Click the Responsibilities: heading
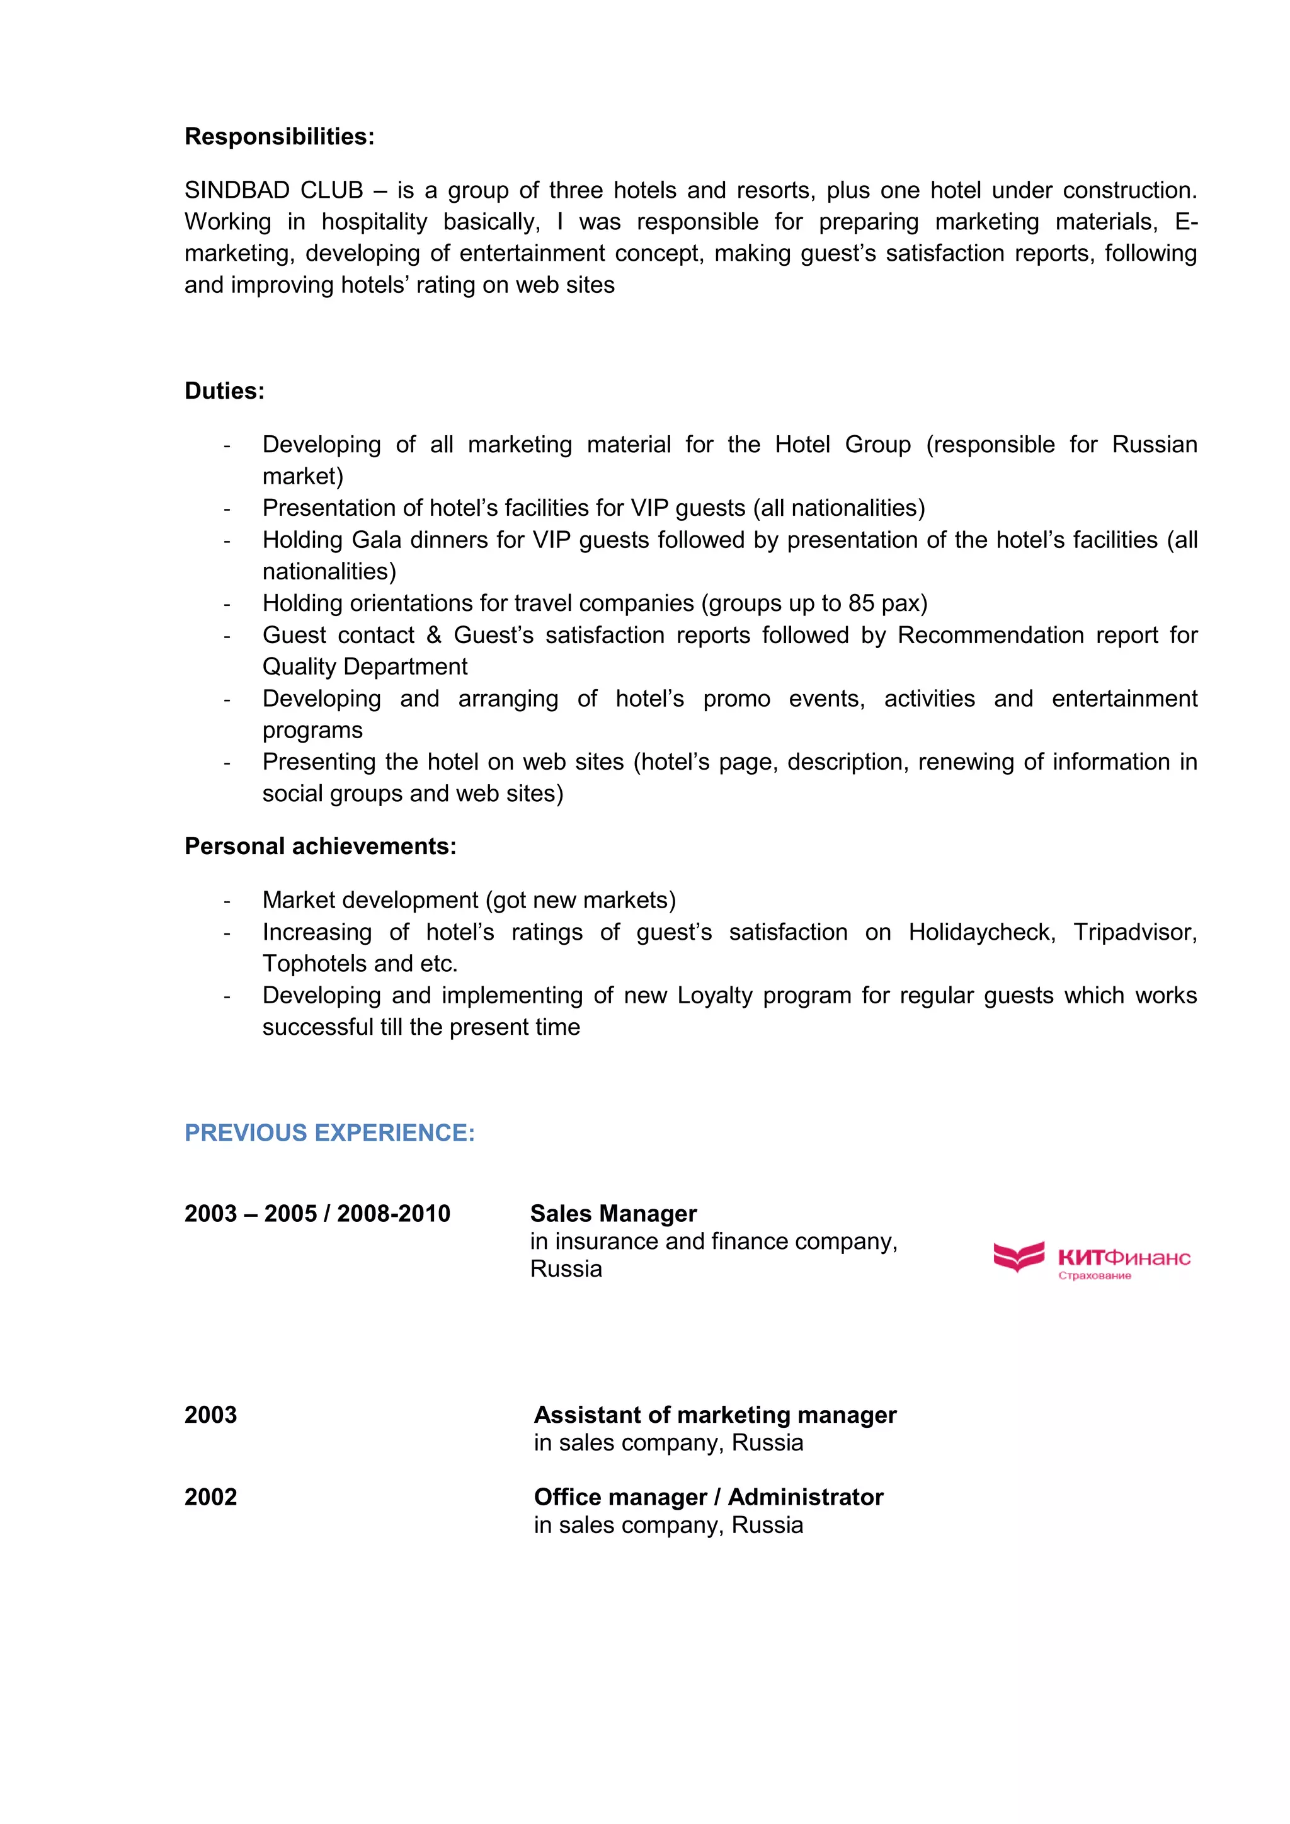(x=279, y=137)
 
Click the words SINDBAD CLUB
(x=273, y=191)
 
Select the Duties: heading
(x=224, y=391)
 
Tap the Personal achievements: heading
(x=320, y=847)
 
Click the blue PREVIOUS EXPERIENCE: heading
(x=329, y=1133)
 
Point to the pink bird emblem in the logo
(x=1019, y=1256)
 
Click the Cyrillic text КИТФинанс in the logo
(x=1124, y=1258)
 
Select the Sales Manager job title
(x=614, y=1214)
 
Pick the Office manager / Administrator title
(x=709, y=1498)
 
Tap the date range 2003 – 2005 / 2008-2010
(x=317, y=1214)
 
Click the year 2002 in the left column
(x=210, y=1498)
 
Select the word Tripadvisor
(x=1134, y=932)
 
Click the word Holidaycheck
(x=982, y=932)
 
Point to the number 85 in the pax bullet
(x=860, y=604)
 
